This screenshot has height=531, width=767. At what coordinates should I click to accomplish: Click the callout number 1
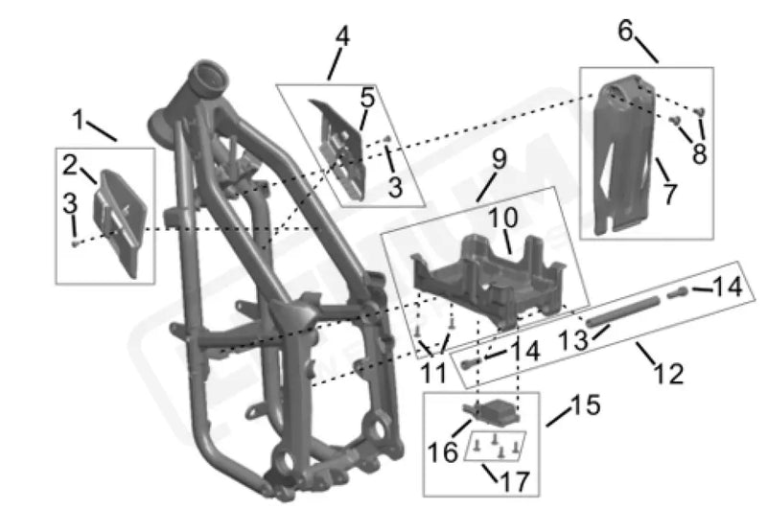[x=78, y=119]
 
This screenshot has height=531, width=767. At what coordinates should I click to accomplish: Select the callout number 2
[x=70, y=165]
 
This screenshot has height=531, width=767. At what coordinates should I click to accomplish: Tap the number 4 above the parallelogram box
[x=342, y=36]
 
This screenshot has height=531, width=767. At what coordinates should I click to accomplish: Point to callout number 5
[x=367, y=98]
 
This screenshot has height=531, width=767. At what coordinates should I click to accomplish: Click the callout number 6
[x=626, y=31]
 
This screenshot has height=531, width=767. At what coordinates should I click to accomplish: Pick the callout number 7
[x=669, y=194]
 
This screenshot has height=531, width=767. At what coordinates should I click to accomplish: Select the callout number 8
[x=700, y=153]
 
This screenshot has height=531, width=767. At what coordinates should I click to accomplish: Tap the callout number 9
[x=499, y=159]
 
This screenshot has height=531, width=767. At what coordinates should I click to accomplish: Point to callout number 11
[x=433, y=373]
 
